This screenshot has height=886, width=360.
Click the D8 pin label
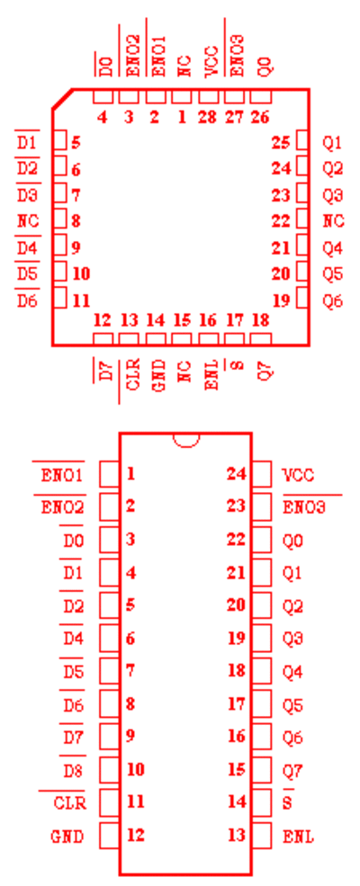pos(74,770)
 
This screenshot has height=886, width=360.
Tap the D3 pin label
pos(28,195)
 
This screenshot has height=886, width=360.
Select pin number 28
pos(208,118)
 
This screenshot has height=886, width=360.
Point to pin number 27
pos(234,118)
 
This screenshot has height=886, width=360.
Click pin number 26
pos(260,118)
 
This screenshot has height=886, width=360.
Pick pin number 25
pos(281,143)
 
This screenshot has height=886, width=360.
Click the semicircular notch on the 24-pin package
pos(186,440)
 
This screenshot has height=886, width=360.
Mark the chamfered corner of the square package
pos(62,98)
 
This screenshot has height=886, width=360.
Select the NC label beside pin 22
pos(333,221)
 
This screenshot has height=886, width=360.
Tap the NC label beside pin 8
pos(28,221)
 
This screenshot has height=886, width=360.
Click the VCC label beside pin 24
pos(299,475)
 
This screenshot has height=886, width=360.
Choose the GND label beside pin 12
pos(67,837)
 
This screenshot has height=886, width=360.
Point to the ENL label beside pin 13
pos(299,837)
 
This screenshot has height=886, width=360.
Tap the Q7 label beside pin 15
pos(292,770)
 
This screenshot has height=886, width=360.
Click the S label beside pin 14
pos(287,803)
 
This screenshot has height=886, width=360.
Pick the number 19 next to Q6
pos(281,300)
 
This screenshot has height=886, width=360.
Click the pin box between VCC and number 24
pos(261,474)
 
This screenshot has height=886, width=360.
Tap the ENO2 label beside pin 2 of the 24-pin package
pos(63,507)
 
